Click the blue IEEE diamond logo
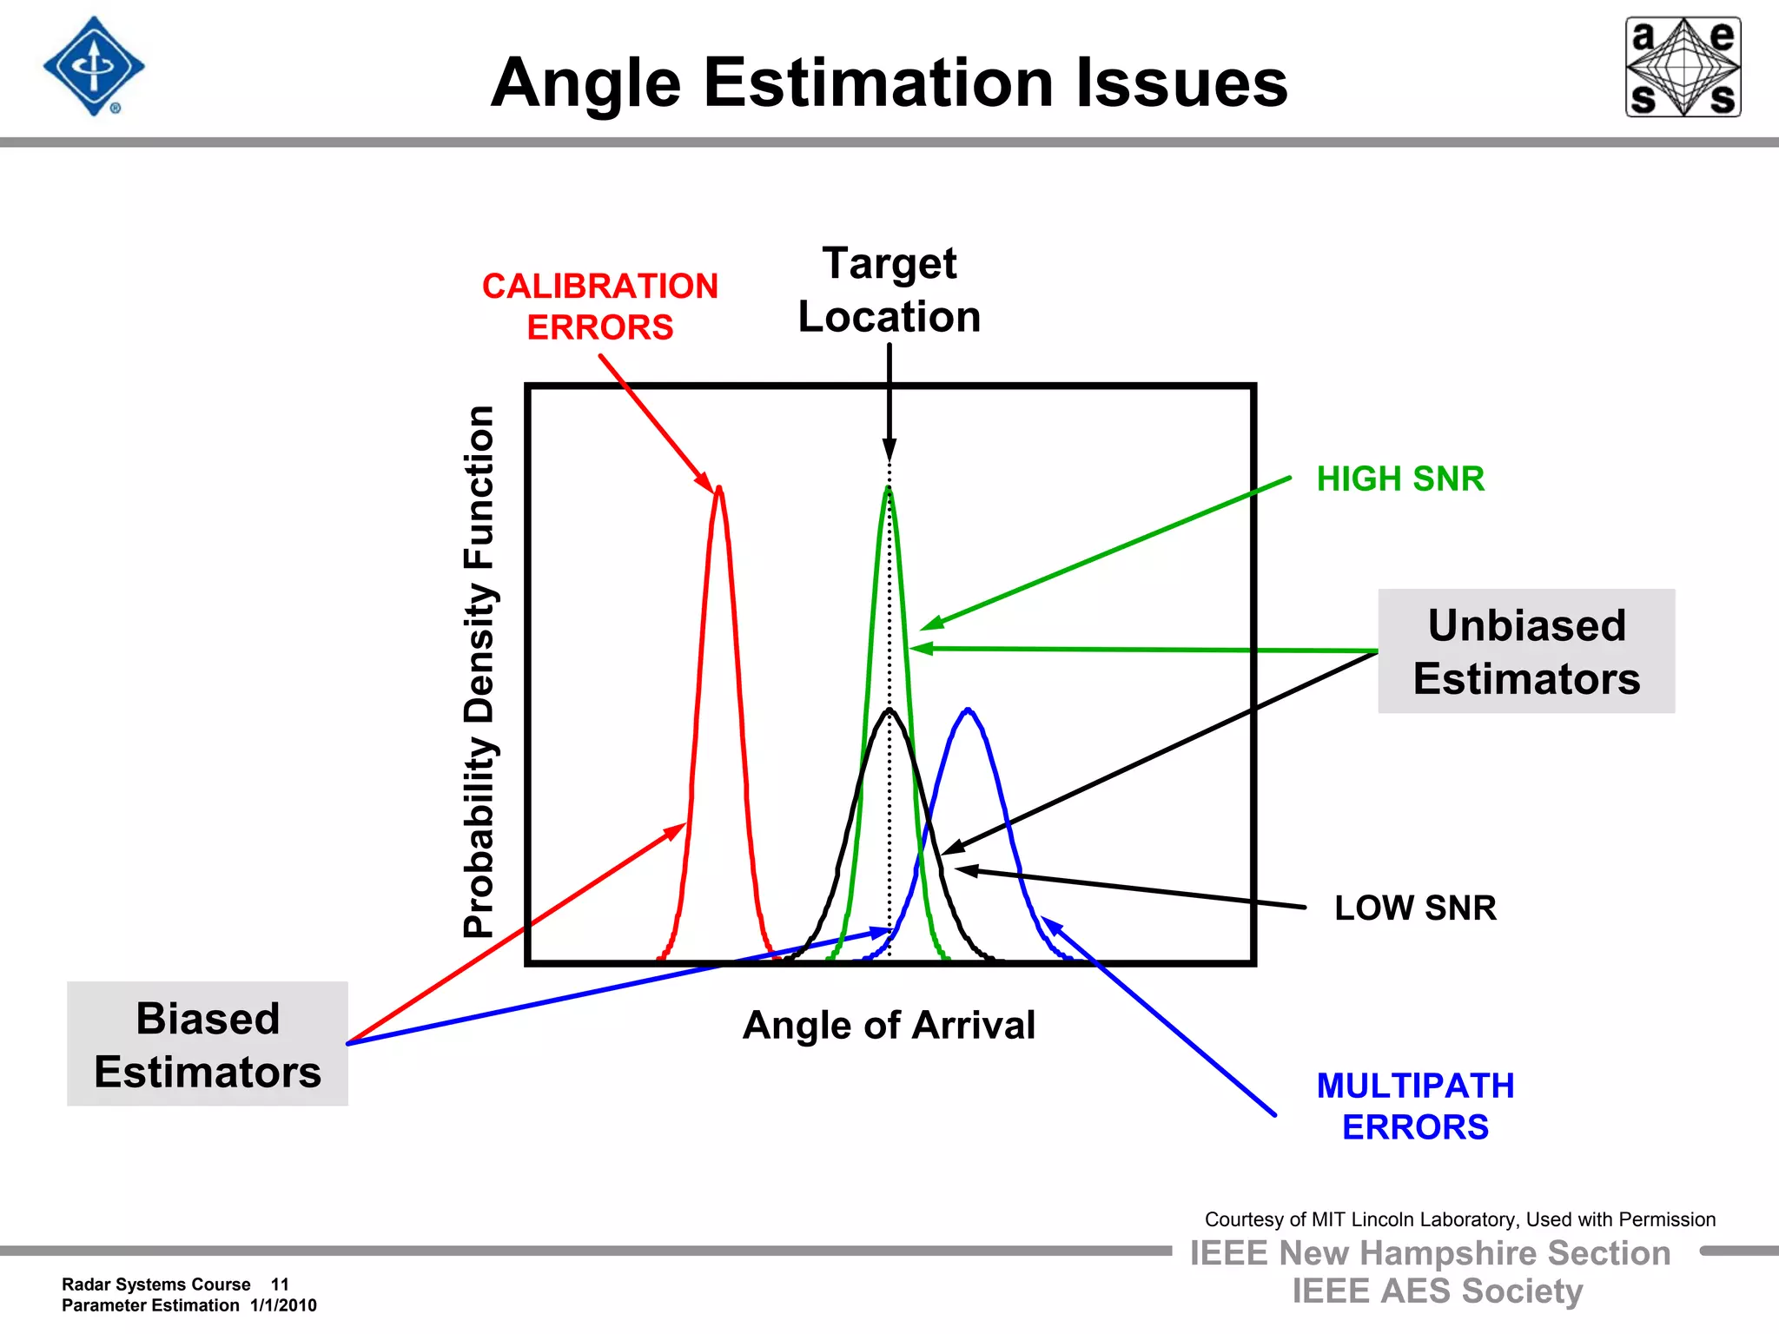click(94, 67)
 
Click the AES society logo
click(1683, 67)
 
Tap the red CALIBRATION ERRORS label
click(600, 307)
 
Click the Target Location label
click(889, 290)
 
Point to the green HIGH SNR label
click(1400, 479)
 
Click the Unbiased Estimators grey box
click(1526, 651)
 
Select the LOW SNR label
click(1415, 908)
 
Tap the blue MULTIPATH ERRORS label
click(1415, 1106)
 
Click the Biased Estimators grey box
click(208, 1044)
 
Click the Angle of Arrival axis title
click(889, 1025)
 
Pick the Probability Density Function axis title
click(479, 671)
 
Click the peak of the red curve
click(719, 491)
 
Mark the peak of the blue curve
click(969, 710)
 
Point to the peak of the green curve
click(888, 490)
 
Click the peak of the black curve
click(889, 711)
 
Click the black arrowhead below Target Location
click(889, 449)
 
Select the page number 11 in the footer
click(280, 1284)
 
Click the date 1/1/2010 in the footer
click(283, 1305)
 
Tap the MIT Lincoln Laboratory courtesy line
click(1459, 1219)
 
